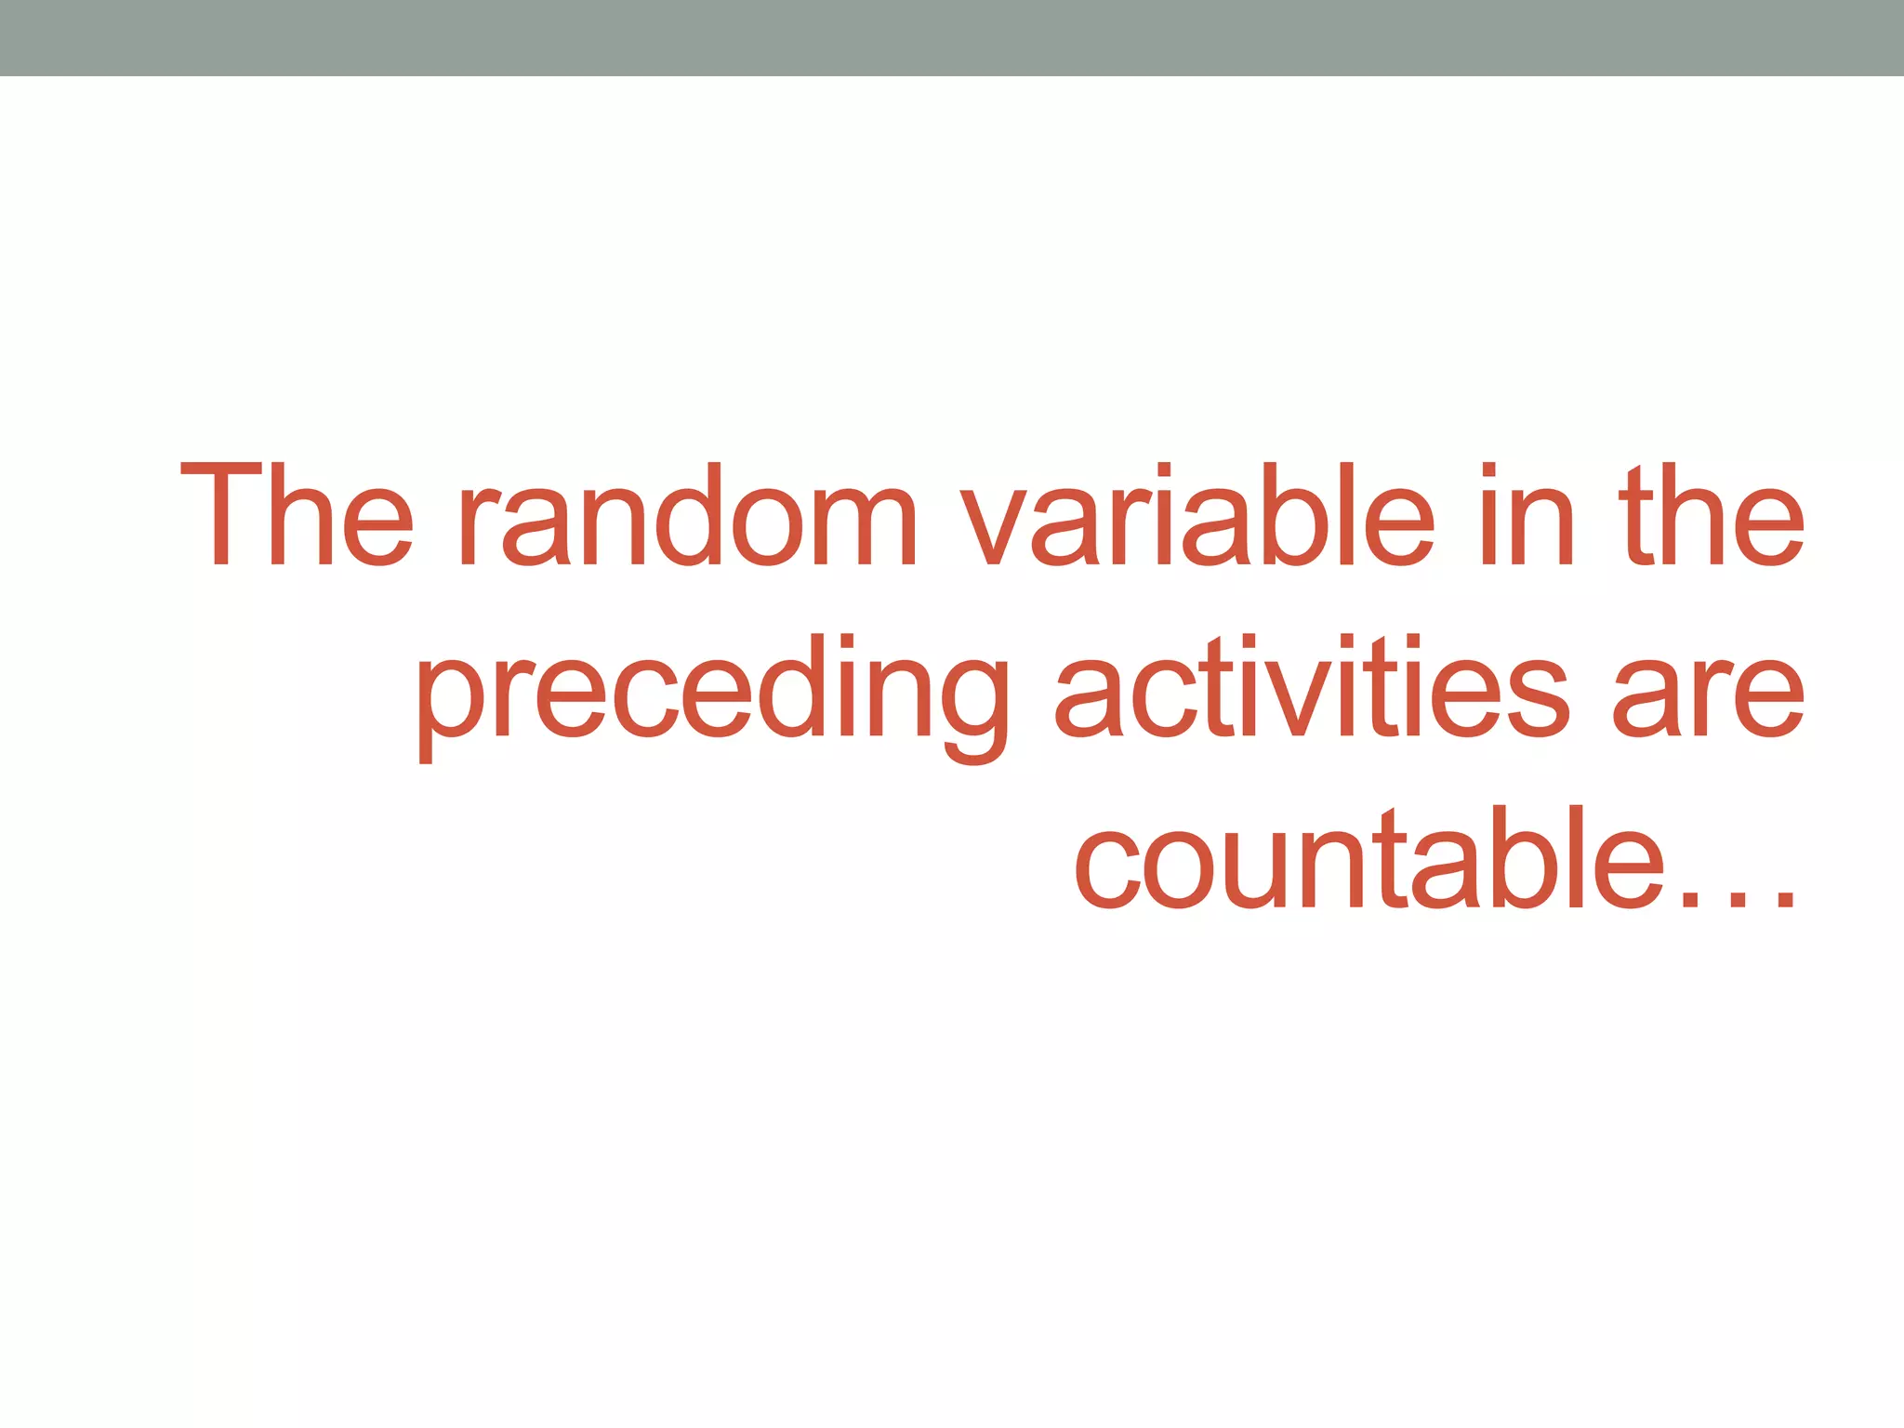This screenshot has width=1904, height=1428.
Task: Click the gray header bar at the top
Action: tap(952, 37)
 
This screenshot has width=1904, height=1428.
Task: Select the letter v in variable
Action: tap(1004, 525)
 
